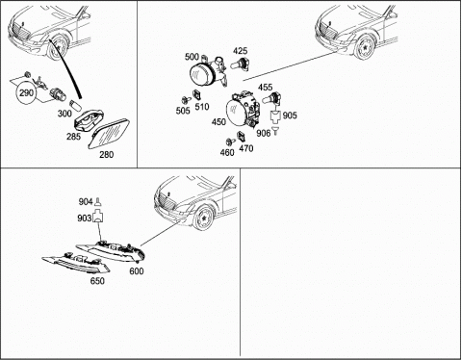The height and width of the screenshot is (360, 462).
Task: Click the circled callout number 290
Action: (x=26, y=93)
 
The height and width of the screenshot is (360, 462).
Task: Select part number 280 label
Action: (x=106, y=155)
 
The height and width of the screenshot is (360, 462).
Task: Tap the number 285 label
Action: (x=73, y=137)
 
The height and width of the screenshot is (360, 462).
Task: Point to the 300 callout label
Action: (x=64, y=114)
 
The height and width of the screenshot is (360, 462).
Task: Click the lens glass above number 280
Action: (x=109, y=134)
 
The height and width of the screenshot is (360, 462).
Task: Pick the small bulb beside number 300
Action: (x=74, y=105)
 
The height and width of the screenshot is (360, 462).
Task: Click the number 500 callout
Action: (x=192, y=57)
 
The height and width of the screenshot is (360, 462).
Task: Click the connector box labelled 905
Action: (x=275, y=117)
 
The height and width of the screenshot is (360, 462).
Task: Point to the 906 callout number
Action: (x=264, y=133)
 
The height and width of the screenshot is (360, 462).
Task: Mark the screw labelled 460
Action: (x=230, y=141)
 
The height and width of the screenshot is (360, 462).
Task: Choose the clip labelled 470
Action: (x=241, y=137)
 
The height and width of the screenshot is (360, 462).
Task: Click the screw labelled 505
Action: (x=185, y=99)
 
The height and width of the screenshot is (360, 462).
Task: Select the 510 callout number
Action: (x=202, y=106)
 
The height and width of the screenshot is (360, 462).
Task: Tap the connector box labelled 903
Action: (x=98, y=216)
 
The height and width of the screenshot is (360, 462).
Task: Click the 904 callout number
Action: (x=86, y=202)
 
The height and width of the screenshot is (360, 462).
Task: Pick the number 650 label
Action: (x=97, y=281)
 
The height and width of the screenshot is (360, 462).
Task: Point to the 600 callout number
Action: (x=137, y=271)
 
